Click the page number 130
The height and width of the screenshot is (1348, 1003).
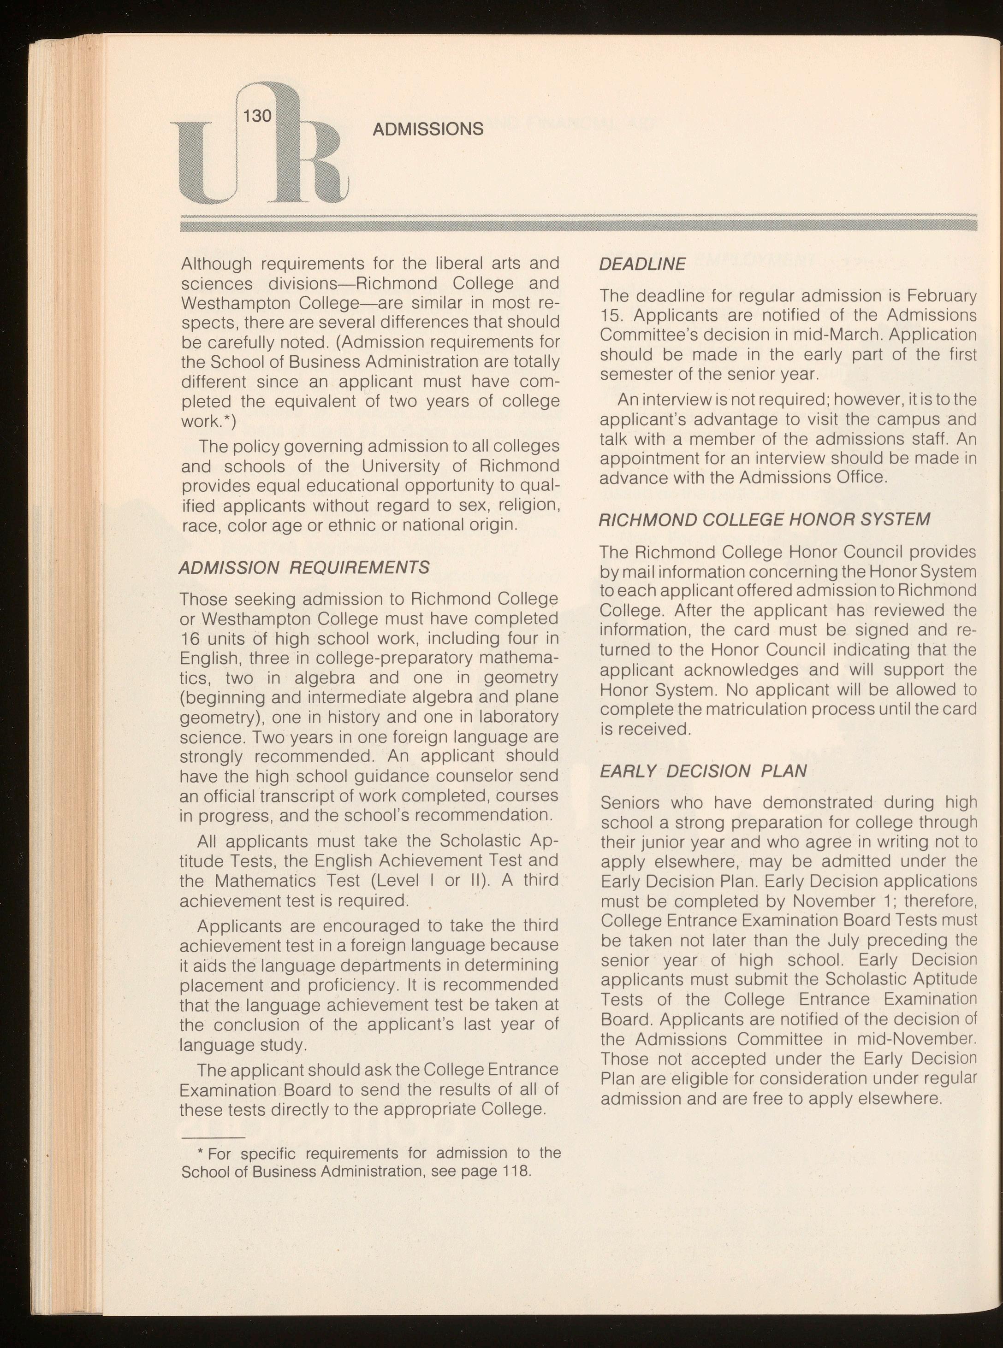[257, 115]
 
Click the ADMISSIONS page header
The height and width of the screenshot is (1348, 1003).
[427, 129]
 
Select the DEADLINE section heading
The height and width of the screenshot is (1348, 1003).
[642, 264]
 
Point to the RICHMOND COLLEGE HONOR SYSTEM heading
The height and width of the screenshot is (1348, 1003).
[764, 520]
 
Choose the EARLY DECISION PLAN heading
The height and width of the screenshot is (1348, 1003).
[703, 771]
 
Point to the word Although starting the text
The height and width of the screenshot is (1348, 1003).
[216, 264]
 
